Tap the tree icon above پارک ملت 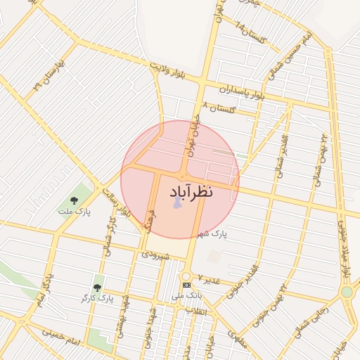click(75, 200)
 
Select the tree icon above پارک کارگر click(98, 288)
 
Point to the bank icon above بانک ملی click(186, 285)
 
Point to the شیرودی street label click(156, 256)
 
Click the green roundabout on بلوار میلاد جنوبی click(346, 292)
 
